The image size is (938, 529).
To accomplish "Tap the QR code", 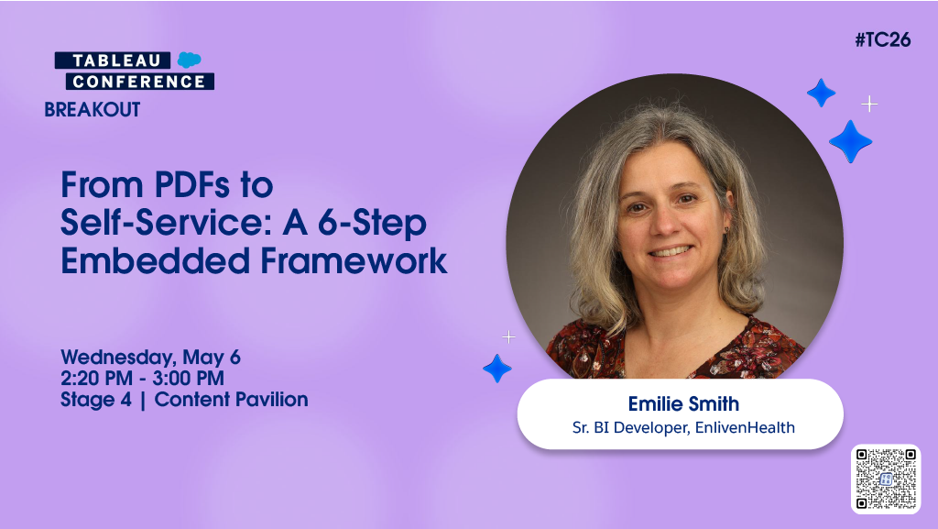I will click(885, 478).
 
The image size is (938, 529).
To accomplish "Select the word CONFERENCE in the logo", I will click(139, 81).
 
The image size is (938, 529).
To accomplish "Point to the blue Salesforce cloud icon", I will click(190, 60).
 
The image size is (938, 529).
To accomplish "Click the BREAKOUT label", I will click(93, 110).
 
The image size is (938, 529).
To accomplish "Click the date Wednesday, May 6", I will click(150, 357).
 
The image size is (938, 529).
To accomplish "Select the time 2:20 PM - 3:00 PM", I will click(142, 378).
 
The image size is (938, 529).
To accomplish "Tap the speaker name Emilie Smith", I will click(683, 403).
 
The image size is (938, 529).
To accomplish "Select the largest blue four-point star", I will click(850, 142).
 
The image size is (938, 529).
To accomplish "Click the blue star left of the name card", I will click(497, 368).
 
